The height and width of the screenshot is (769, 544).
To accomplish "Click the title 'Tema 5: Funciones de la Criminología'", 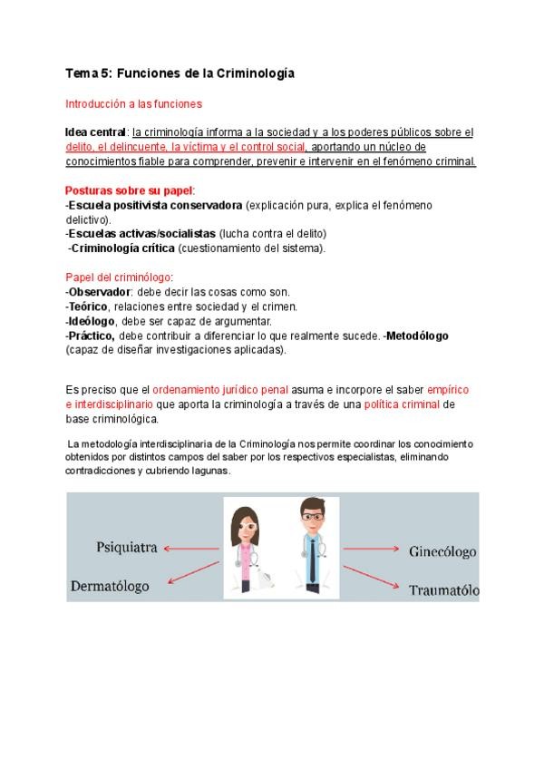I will pos(180,73).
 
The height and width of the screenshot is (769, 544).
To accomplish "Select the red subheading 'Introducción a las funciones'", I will pos(134,104).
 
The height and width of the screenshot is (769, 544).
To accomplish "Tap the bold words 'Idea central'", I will pos(96,132).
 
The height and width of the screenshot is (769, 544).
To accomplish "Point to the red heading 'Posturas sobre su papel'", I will pos(129,191).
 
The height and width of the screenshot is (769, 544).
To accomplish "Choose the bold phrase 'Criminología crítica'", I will pos(122,248).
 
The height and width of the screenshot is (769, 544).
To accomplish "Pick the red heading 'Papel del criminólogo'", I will pos(118,277).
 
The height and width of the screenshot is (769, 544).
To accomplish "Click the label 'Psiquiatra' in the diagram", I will pos(128,548).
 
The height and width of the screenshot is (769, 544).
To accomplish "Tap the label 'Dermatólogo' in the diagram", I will pos(110,587).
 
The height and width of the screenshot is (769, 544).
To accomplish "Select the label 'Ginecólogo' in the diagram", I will pos(442,551).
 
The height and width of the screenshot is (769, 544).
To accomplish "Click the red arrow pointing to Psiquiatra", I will pos(191,548).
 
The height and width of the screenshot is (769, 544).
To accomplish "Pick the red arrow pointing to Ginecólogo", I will pos(371,550).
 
